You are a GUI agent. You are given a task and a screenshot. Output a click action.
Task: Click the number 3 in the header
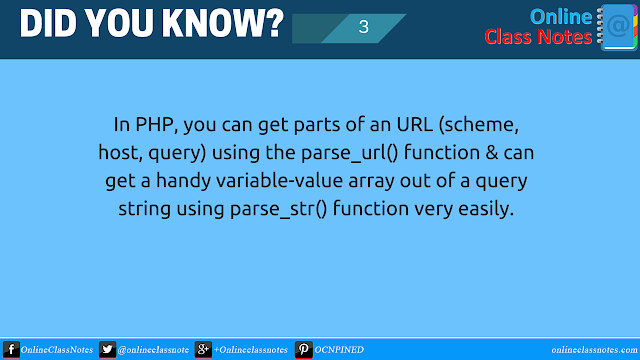pyautogui.click(x=363, y=28)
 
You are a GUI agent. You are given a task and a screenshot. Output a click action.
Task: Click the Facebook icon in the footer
pyautogui.click(x=9, y=350)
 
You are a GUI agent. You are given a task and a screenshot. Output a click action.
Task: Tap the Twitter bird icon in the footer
pyautogui.click(x=107, y=350)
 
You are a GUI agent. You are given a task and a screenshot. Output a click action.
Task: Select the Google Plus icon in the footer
pyautogui.click(x=202, y=350)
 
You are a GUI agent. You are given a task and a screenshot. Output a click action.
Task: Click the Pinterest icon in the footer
pyautogui.click(x=301, y=350)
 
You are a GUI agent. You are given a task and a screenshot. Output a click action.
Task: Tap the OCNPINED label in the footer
pyautogui.click(x=339, y=351)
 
